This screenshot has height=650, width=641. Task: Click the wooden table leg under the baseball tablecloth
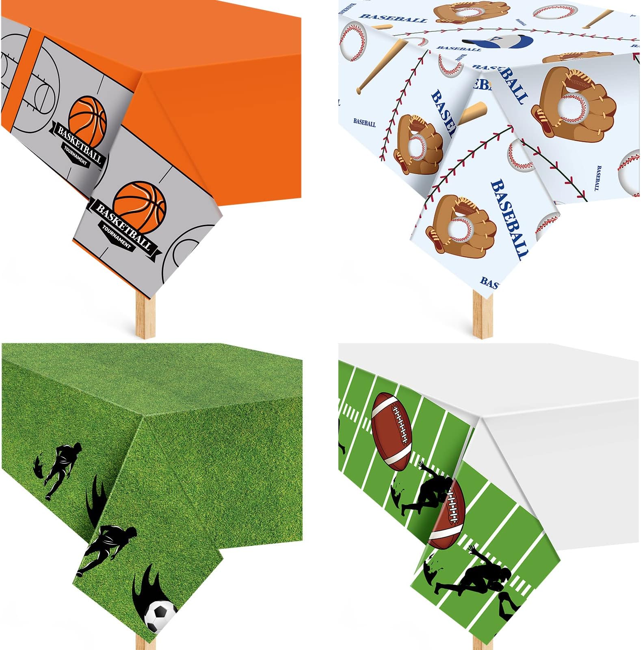483,313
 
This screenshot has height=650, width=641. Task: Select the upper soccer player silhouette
61,467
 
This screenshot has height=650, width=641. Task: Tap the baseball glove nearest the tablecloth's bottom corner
461,225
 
